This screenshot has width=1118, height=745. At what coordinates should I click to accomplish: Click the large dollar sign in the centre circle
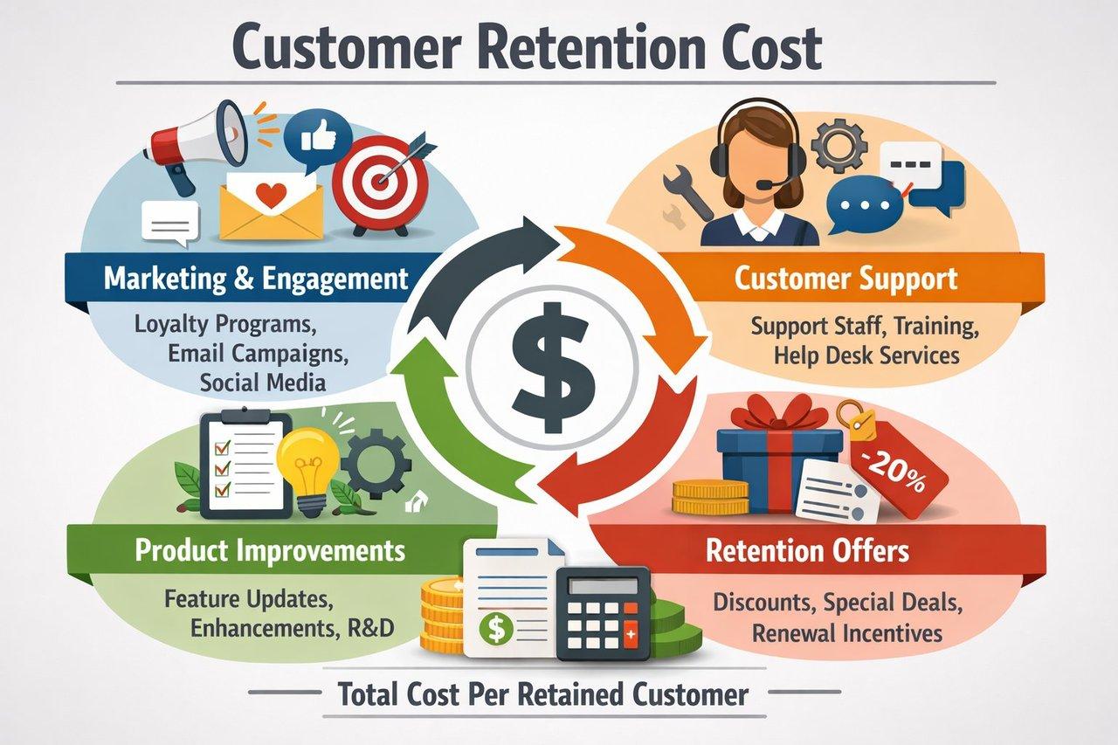(553, 368)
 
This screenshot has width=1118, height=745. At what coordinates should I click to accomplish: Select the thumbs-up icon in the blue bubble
(319, 136)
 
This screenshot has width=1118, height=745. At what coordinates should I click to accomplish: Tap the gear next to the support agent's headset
(838, 146)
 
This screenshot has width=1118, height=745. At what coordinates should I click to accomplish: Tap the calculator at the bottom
(604, 613)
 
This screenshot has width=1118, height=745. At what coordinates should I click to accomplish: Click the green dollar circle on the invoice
(496, 629)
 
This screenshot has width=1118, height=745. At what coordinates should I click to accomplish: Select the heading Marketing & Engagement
(256, 279)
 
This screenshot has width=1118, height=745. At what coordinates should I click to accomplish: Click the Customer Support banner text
(846, 279)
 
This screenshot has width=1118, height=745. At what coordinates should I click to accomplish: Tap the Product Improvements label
(270, 551)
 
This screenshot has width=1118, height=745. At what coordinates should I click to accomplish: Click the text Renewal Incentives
(847, 633)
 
